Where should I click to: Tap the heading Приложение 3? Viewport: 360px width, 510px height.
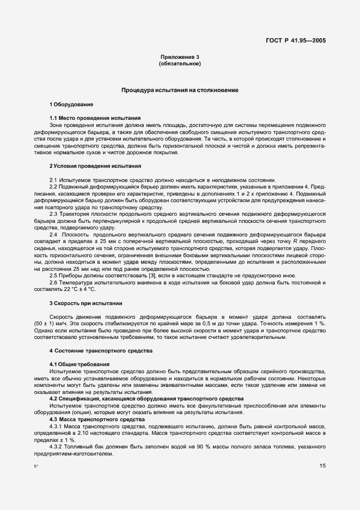pos(180,57)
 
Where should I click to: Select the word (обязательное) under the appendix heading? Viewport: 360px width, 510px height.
pos(180,64)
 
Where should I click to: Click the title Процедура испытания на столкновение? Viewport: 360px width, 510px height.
pos(180,89)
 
